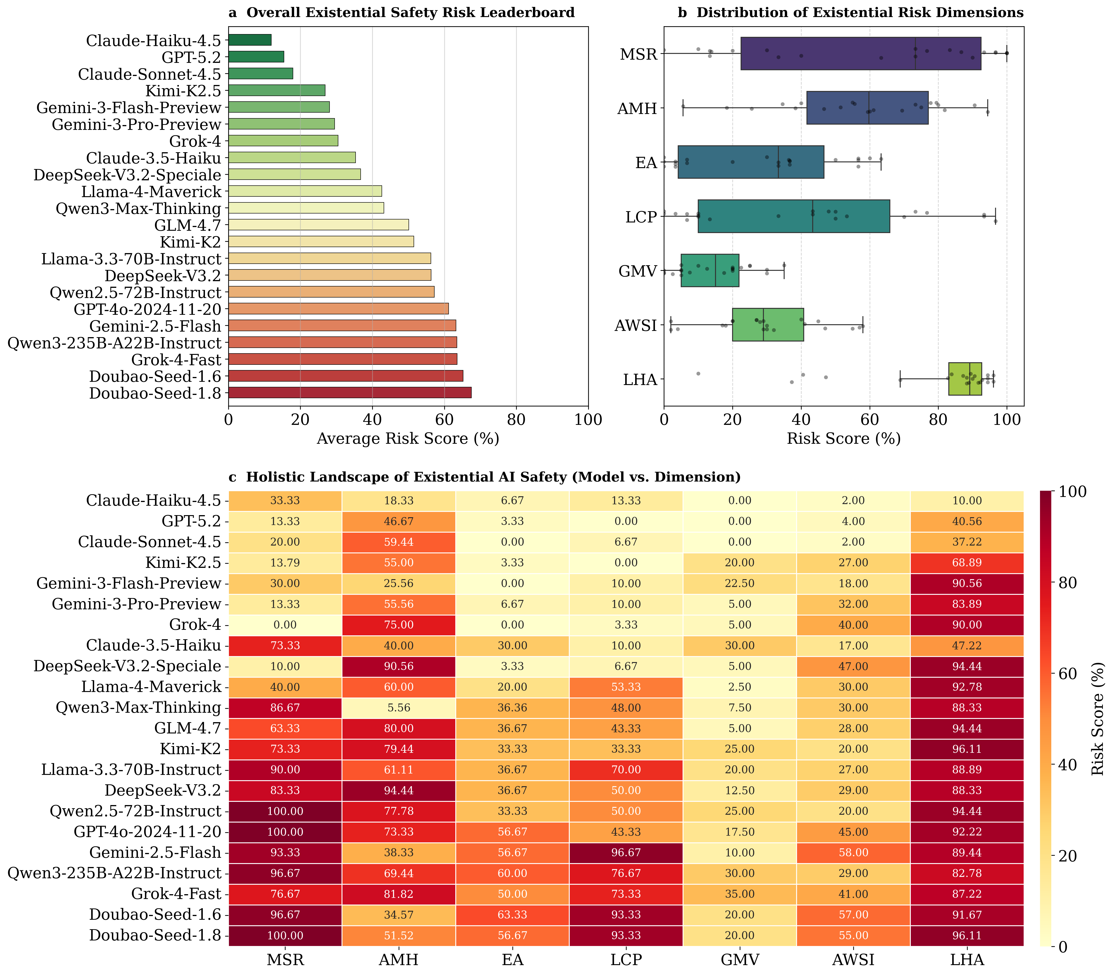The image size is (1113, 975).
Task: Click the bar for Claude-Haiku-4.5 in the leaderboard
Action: [250, 40]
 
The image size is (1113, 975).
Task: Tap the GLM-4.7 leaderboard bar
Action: [318, 225]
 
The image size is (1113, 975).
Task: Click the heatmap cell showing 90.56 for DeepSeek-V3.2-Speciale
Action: [399, 666]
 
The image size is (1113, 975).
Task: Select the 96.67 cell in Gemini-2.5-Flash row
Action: [626, 852]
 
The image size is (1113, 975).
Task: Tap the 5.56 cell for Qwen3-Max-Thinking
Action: [399, 708]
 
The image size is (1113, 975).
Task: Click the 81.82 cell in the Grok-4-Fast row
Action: [399, 894]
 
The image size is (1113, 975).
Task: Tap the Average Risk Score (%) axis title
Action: [408, 438]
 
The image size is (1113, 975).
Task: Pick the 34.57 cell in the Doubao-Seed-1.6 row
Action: [399, 915]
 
